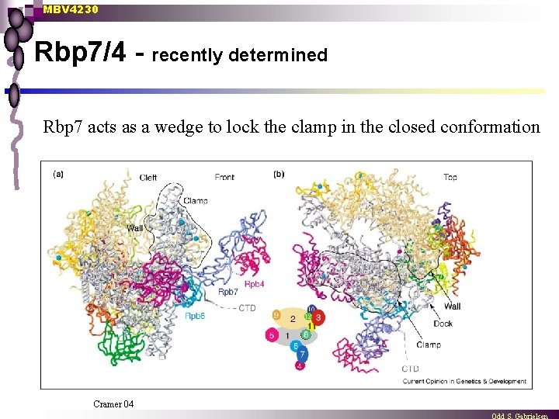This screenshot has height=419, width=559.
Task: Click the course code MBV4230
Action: tap(71, 9)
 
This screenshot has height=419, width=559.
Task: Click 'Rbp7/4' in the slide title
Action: tap(80, 54)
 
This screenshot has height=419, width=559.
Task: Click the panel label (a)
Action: tap(58, 174)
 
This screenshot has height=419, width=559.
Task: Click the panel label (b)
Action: tap(279, 174)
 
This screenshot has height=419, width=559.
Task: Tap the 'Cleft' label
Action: tap(148, 178)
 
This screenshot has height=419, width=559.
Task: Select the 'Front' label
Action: tap(224, 178)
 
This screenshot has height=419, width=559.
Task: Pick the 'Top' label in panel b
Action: tap(450, 177)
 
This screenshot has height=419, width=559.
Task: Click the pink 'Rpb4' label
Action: tap(255, 285)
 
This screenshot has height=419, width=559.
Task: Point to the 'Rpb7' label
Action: tap(228, 293)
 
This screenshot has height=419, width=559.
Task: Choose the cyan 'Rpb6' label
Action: tap(195, 316)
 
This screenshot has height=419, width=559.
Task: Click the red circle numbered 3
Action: tap(318, 318)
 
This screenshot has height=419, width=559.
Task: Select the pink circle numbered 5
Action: tap(271, 336)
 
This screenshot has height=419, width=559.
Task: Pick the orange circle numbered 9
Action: tap(276, 315)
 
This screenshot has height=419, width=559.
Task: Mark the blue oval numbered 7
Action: tap(303, 355)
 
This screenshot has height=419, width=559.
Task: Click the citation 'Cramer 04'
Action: tap(113, 403)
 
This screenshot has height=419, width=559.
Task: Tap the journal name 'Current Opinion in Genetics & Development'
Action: tap(464, 381)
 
